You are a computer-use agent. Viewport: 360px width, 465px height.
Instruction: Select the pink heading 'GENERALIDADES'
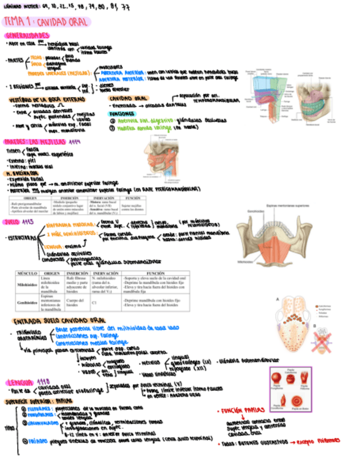pos(33,36)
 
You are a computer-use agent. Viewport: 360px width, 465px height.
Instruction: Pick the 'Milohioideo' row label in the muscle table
pos(26,285)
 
